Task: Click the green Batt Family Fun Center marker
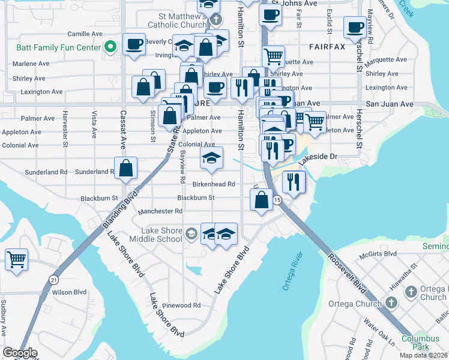(x=110, y=47)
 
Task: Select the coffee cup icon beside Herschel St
(x=355, y=27)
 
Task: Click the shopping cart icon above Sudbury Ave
(x=17, y=260)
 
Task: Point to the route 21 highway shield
(x=53, y=280)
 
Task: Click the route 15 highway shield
(x=277, y=200)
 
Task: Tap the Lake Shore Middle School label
(x=161, y=234)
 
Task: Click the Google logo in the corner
(x=20, y=353)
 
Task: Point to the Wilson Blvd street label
(x=70, y=292)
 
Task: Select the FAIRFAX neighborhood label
(x=327, y=46)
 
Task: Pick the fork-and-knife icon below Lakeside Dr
(x=293, y=182)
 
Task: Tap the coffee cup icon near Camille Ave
(x=133, y=44)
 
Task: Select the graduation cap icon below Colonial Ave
(x=211, y=158)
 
